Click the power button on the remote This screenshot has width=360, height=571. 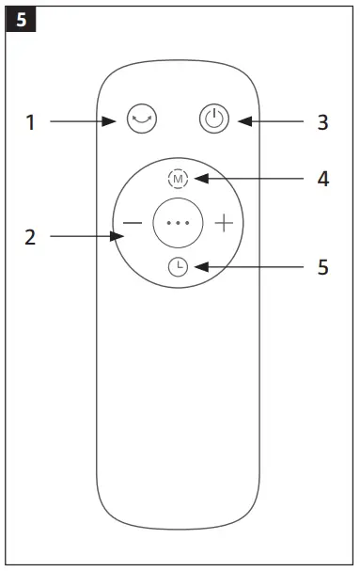[214, 120]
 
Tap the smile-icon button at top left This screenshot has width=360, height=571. [142, 120]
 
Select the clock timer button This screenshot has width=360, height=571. [178, 268]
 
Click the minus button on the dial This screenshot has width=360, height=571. [133, 224]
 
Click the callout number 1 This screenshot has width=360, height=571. [31, 122]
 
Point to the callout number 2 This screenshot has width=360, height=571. [31, 237]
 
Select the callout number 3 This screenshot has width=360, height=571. [322, 122]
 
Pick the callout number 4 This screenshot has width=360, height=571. [322, 179]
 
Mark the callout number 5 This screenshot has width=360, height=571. [322, 268]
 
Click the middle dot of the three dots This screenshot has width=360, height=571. [178, 224]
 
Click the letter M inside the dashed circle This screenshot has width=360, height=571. [178, 179]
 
